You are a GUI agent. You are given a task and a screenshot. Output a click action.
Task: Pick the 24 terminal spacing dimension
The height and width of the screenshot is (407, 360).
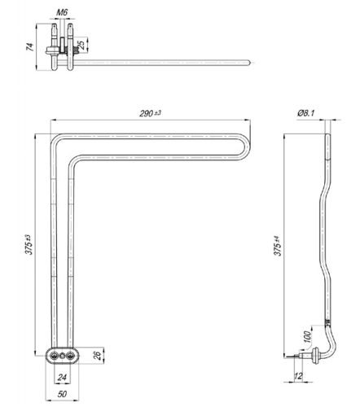coord(62,377)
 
